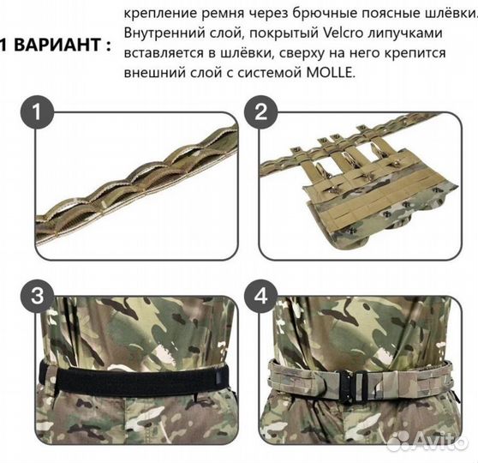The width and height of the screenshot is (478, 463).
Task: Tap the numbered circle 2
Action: point(261,111)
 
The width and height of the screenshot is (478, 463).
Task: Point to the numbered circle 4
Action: point(261,298)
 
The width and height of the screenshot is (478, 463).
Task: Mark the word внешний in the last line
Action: point(151,75)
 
